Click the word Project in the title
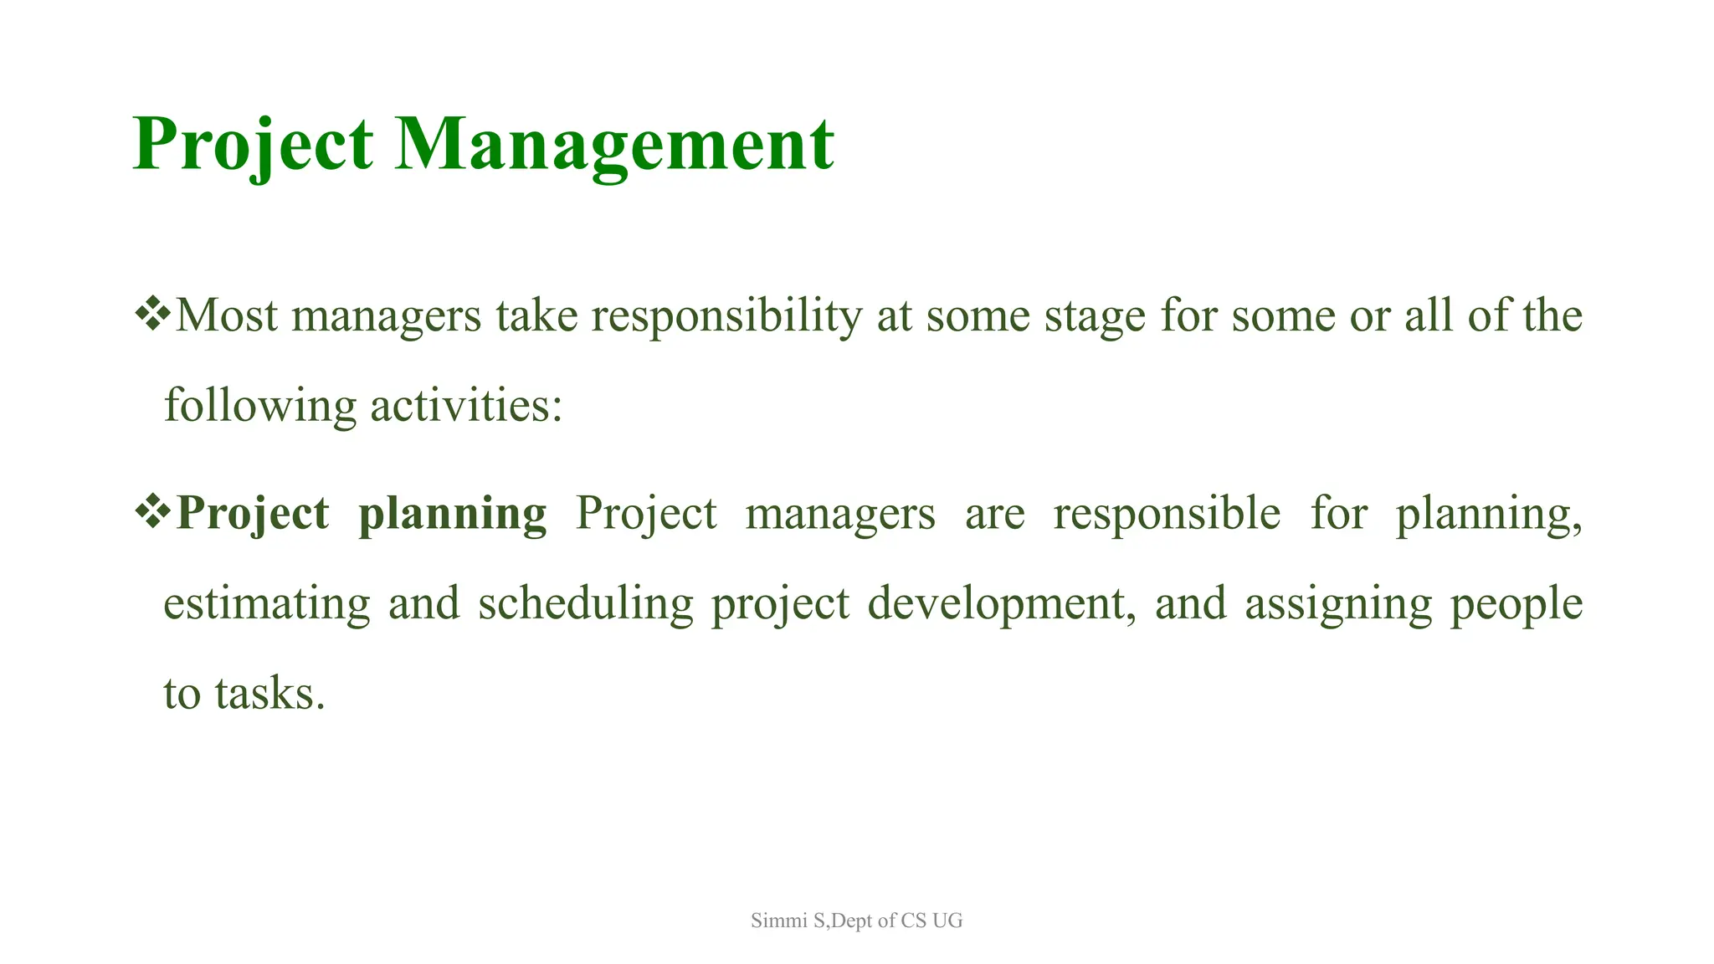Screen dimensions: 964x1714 point(252,144)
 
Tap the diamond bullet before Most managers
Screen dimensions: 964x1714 point(152,315)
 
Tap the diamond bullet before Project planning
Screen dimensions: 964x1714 point(152,512)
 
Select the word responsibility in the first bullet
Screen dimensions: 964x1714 point(726,316)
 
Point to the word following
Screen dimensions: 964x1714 point(259,407)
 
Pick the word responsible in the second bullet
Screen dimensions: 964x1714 point(1166,514)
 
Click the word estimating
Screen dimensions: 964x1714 point(266,604)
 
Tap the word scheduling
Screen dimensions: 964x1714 point(585,604)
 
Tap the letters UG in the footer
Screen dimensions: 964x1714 point(947,921)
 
